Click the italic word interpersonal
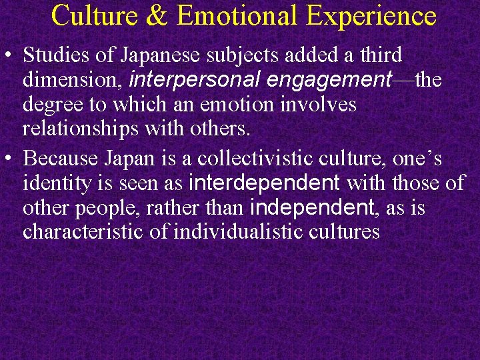click(193, 81)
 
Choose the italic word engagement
click(326, 81)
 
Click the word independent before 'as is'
click(311, 207)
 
